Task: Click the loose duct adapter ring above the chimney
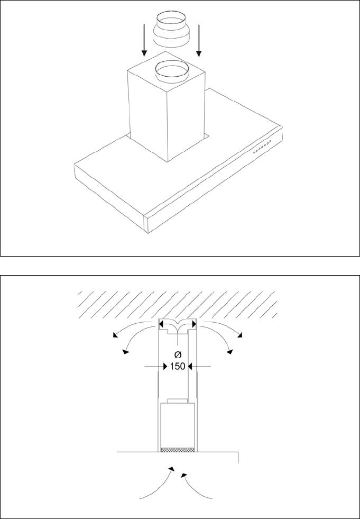pos(172,33)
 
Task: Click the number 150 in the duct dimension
pos(178,366)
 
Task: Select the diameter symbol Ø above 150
pos(178,353)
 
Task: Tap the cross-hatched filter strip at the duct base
pos(178,450)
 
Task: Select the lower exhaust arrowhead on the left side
pos(125,351)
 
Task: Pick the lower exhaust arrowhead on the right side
pos(230,351)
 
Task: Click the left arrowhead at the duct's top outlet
pos(162,323)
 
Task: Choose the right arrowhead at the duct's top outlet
pos(195,323)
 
